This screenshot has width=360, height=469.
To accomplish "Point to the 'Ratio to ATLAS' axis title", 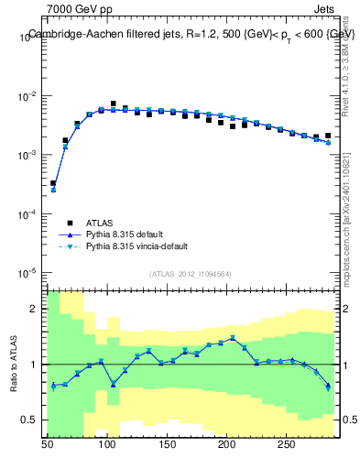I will coord(15,364).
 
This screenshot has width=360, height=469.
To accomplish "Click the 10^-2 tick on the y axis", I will coord(29,96).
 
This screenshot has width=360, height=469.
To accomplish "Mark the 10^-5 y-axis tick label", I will coord(29,273).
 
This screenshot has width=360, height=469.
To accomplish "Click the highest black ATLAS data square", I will coord(114,104).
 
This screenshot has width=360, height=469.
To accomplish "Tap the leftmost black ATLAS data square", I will coord(53,183).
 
